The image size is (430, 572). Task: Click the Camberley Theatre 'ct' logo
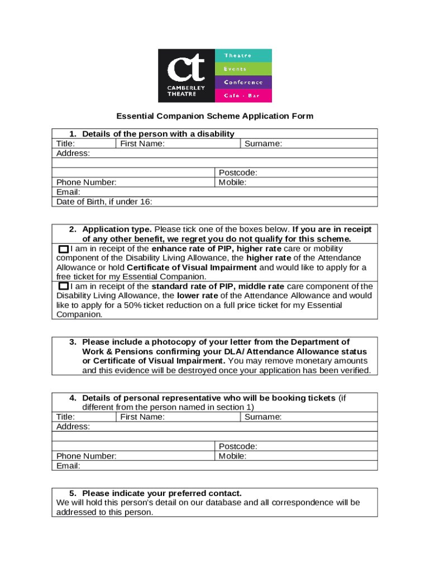click(187, 75)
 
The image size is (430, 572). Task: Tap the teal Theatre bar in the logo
click(243, 55)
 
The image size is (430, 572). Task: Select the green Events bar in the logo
click(243, 69)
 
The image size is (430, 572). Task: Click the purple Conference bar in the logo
click(243, 82)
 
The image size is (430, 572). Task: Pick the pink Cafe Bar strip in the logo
click(243, 96)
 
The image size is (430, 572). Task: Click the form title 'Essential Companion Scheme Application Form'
click(214, 116)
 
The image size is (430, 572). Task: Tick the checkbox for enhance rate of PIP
click(64, 249)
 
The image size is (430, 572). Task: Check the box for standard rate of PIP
click(64, 287)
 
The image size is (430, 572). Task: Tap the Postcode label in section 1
click(238, 173)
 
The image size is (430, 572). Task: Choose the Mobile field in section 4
click(296, 456)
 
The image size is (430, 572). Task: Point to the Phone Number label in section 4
click(87, 456)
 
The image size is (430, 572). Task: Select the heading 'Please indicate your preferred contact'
click(162, 493)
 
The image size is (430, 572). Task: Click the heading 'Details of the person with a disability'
click(158, 134)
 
